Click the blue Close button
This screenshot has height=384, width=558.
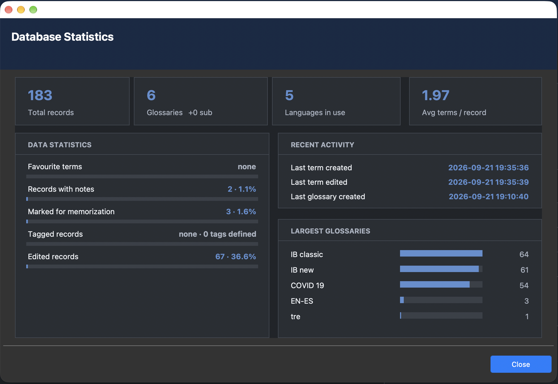coord(521,364)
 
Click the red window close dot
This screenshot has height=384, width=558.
coord(9,10)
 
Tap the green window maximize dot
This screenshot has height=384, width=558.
coord(33,10)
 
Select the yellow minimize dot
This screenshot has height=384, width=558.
coord(21,10)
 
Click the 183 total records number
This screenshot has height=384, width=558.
coord(40,95)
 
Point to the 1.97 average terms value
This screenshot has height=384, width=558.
coord(436,95)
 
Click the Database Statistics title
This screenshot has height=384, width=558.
coord(62,37)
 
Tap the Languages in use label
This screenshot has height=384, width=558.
coord(315,112)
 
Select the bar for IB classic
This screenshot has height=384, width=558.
coord(441,253)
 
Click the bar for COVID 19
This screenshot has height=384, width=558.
coord(435,284)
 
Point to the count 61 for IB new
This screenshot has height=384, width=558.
coord(525,270)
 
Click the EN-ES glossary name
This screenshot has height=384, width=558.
coord(302,301)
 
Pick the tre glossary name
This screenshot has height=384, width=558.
coord(296,317)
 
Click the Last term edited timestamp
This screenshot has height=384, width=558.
coord(489,182)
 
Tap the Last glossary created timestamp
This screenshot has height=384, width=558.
coord(489,197)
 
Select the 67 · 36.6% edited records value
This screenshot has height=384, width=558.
coord(236,257)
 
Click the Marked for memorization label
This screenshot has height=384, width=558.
coord(71,212)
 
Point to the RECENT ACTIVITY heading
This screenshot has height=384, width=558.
coord(322,145)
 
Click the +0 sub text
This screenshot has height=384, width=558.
coord(200,112)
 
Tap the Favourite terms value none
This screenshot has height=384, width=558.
coord(247,167)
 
